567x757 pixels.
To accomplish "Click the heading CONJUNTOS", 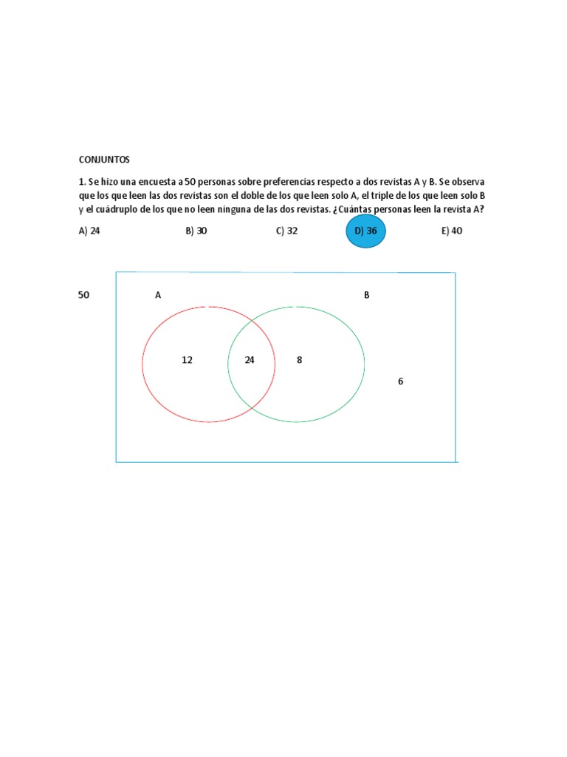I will point(103,159).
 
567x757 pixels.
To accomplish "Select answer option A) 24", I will point(89,231).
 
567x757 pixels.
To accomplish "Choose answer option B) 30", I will point(196,231).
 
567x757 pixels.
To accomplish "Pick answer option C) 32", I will point(286,231).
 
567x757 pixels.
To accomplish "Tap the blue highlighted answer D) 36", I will point(365,231).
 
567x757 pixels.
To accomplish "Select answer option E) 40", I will point(452,231).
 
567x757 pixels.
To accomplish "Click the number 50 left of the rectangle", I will point(84,295).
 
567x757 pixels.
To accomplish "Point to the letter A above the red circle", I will point(158,296).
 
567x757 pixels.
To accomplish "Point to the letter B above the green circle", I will point(366,296).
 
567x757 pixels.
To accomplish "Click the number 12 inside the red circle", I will point(187,360).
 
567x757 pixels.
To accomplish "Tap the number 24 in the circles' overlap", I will point(250,360).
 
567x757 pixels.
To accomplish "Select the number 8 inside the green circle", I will point(299,360).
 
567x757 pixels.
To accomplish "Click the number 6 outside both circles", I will point(400,381).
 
